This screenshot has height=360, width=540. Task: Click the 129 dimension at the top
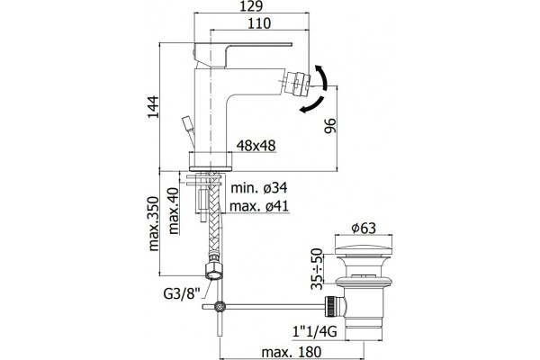coord(251,6)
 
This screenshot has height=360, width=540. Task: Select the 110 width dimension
coord(259,23)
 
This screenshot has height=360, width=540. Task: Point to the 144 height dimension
coord(153,107)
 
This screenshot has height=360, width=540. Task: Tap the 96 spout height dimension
coord(329,126)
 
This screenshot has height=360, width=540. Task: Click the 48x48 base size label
coord(256,146)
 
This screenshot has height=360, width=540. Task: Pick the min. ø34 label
coord(258,188)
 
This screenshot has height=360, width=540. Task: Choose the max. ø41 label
coord(259,206)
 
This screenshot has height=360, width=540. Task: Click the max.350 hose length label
coord(153,223)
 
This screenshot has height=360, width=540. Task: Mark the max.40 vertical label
coord(174,211)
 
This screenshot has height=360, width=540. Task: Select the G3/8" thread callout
coord(182,294)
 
